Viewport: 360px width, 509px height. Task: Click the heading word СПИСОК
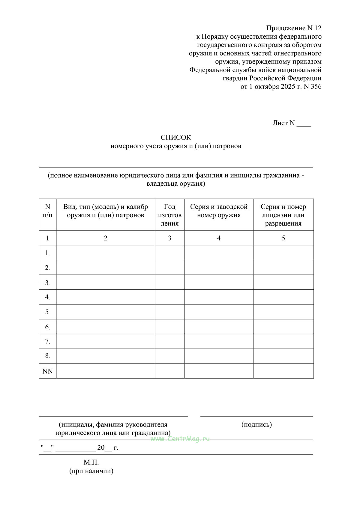(175, 137)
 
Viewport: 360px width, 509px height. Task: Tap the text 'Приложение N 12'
(294, 28)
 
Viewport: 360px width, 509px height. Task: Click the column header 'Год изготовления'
(169, 215)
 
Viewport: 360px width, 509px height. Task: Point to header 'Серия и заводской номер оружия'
(219, 211)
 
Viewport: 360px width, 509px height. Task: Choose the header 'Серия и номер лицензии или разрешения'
(283, 215)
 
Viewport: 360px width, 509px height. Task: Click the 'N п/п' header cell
(47, 211)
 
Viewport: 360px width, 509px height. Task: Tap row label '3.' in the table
(47, 283)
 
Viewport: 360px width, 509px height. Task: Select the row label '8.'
(47, 356)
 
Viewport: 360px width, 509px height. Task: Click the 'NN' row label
(47, 371)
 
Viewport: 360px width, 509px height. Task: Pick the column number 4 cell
(219, 238)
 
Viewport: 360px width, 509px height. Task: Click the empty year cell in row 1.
(169, 253)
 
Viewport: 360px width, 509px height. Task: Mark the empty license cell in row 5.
(283, 312)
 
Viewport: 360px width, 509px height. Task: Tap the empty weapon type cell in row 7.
(106, 341)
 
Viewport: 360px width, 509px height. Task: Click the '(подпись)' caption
(256, 424)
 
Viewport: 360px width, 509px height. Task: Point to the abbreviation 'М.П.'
(91, 462)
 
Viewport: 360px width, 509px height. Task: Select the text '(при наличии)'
(91, 471)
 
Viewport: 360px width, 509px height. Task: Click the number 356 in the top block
(315, 87)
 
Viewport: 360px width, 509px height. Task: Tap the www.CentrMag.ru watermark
(180, 439)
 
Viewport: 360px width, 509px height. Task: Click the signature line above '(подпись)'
(256, 416)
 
